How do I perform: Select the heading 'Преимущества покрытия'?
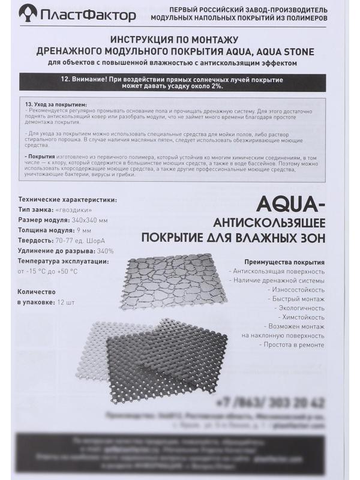click(x=285, y=262)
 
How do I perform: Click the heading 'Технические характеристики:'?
click(x=68, y=200)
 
